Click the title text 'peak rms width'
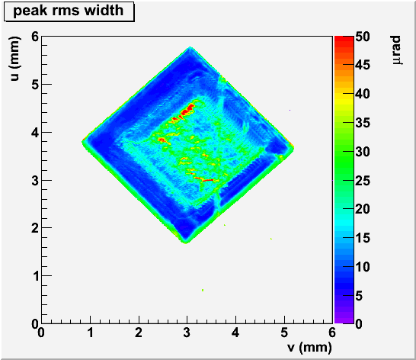tap(68, 11)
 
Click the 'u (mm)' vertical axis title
tap(15, 59)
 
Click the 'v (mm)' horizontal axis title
tap(309, 347)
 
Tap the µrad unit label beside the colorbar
tap(397, 50)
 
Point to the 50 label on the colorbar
tap(363, 37)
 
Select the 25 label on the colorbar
tap(363, 181)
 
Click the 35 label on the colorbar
tap(363, 123)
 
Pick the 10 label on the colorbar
tap(363, 267)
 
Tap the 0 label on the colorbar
tap(359, 324)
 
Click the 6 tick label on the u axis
tap(35, 37)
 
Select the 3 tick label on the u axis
tap(35, 181)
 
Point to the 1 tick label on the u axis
tap(36, 276)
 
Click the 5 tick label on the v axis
tap(284, 333)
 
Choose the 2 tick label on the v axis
tap(139, 333)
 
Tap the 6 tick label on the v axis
tap(332, 333)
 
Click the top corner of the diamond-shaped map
tap(190, 47)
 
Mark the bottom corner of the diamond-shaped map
tap(186, 243)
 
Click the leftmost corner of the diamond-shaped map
tap(82, 142)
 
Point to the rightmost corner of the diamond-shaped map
tap(293, 148)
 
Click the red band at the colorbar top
tap(344, 39)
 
